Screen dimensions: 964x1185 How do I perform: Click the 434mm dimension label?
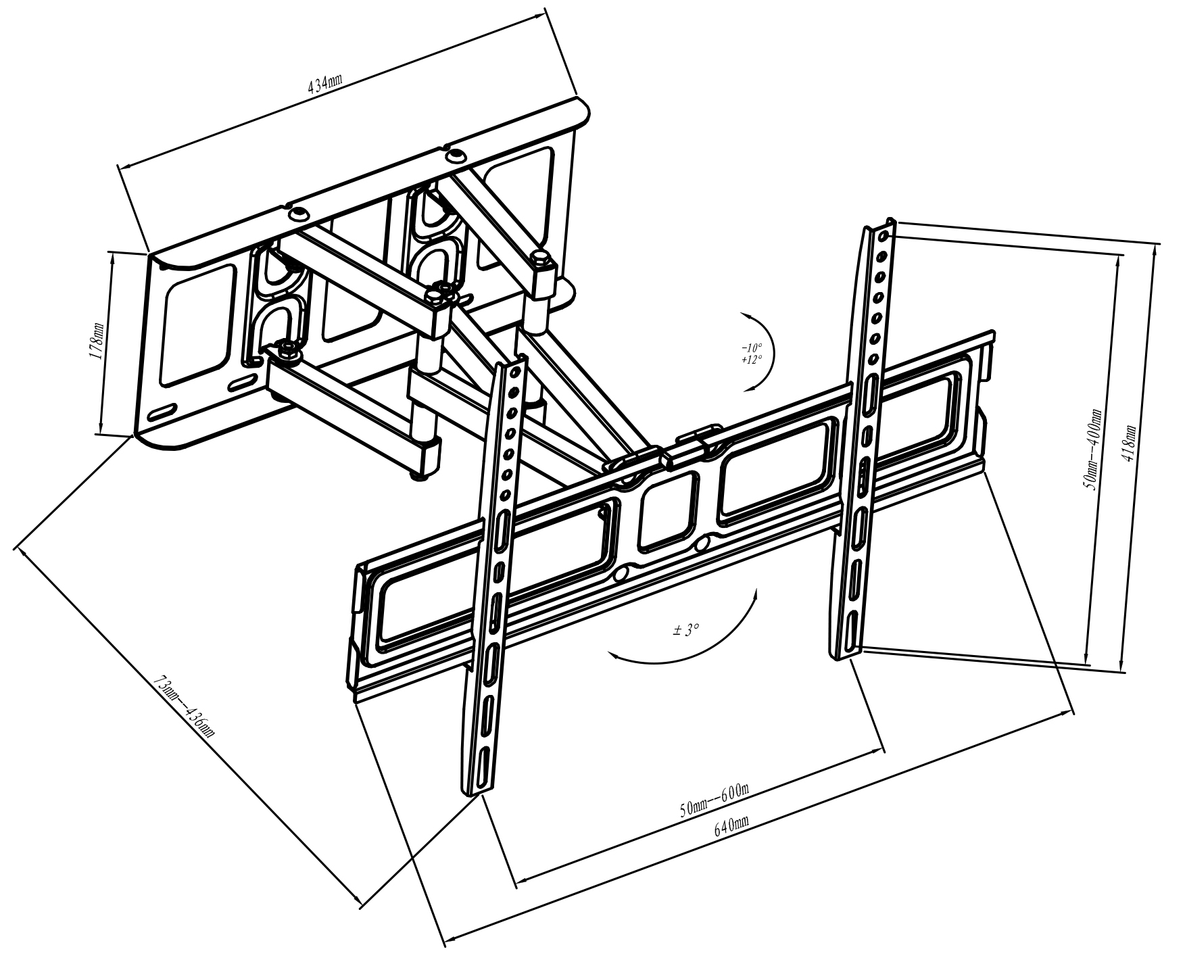coord(325,84)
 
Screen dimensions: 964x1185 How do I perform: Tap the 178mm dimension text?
coord(97,342)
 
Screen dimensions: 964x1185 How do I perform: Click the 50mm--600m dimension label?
coord(715,800)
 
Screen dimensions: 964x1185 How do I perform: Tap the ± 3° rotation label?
coord(686,630)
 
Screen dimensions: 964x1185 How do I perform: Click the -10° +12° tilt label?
coord(752,354)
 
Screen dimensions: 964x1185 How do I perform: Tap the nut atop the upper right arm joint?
coord(540,256)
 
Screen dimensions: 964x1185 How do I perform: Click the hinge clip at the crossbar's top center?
coord(700,436)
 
